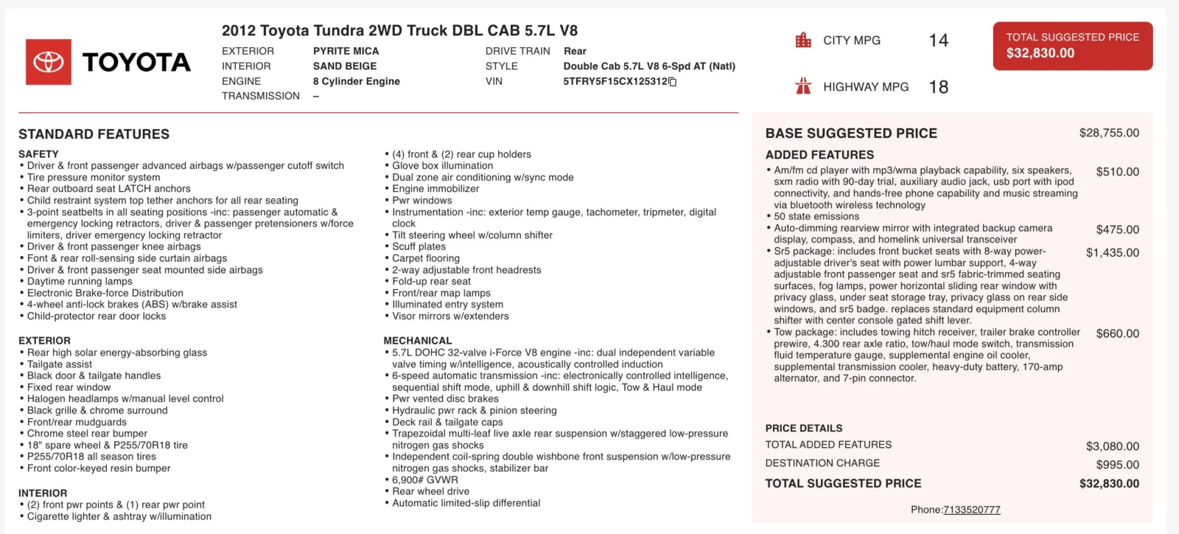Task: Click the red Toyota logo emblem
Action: [49, 62]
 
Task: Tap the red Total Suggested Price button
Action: [1072, 46]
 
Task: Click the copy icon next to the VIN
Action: [672, 82]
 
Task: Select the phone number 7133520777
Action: [971, 510]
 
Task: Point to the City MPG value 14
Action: [938, 41]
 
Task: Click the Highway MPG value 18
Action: [938, 87]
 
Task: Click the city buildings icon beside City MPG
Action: [803, 40]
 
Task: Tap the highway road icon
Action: [803, 86]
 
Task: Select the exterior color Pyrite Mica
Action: [346, 51]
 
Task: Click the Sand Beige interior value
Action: [344, 66]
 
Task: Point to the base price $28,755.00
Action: [1108, 133]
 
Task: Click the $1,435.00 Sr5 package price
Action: [1112, 252]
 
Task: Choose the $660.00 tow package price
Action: [1117, 333]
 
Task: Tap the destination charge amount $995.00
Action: [1117, 465]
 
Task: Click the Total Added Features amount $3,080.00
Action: [1112, 446]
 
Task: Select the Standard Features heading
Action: [94, 134]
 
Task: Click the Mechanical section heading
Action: [417, 341]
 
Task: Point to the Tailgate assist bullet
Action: [60, 364]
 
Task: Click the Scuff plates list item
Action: [419, 246]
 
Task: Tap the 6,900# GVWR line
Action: [424, 479]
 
